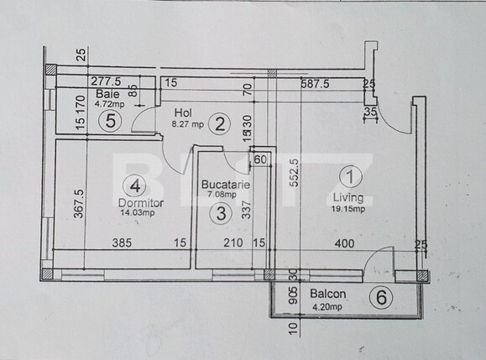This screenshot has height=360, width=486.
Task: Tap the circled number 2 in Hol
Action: click(x=220, y=125)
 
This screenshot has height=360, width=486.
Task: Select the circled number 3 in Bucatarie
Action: click(x=221, y=213)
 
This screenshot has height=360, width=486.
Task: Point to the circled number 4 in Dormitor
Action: click(x=134, y=185)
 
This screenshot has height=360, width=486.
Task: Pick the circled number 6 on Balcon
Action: click(x=382, y=296)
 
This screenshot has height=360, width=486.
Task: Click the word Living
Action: click(x=348, y=198)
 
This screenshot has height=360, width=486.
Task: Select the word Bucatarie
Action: click(x=222, y=183)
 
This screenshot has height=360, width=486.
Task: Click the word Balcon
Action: click(x=327, y=295)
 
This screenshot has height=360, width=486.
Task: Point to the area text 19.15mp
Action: click(x=348, y=210)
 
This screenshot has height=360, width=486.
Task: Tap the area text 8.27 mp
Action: click(x=188, y=124)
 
